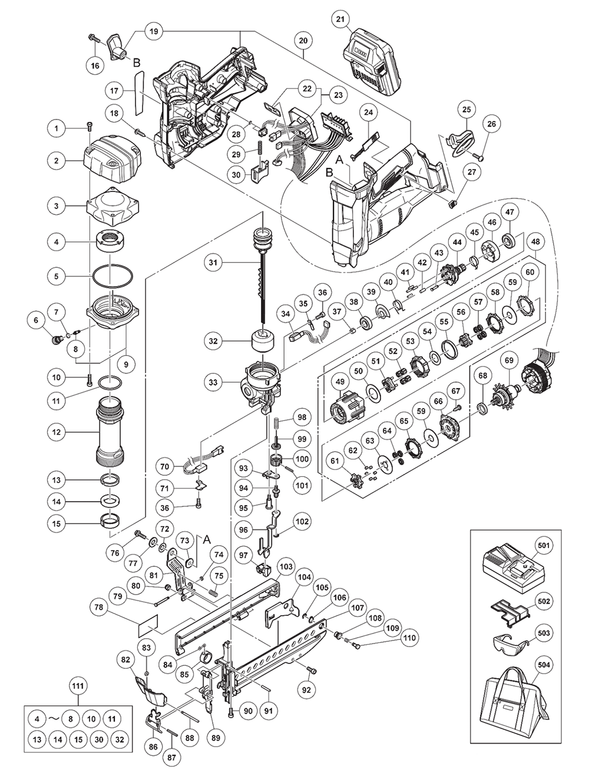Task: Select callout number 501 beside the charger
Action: pos(544,546)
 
